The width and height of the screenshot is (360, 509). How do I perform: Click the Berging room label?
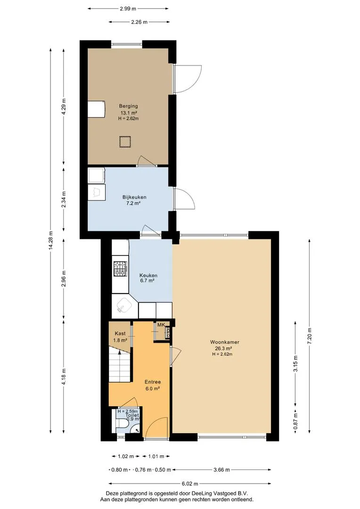(x=128, y=106)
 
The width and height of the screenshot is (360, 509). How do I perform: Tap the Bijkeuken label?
(x=134, y=197)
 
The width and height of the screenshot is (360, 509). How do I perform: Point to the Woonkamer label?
(x=225, y=342)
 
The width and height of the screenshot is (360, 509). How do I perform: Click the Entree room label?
(x=153, y=382)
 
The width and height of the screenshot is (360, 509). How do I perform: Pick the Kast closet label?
(x=120, y=333)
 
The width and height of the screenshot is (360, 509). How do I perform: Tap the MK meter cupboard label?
(x=161, y=325)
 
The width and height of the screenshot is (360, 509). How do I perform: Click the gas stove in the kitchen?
(x=121, y=269)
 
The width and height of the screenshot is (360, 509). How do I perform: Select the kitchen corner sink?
(x=124, y=305)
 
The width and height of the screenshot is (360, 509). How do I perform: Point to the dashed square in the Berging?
(x=124, y=142)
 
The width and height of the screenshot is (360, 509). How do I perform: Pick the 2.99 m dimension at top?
(x=128, y=9)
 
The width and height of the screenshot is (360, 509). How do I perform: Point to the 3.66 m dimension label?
(x=221, y=470)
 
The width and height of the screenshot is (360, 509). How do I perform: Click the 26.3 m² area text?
(x=224, y=349)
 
